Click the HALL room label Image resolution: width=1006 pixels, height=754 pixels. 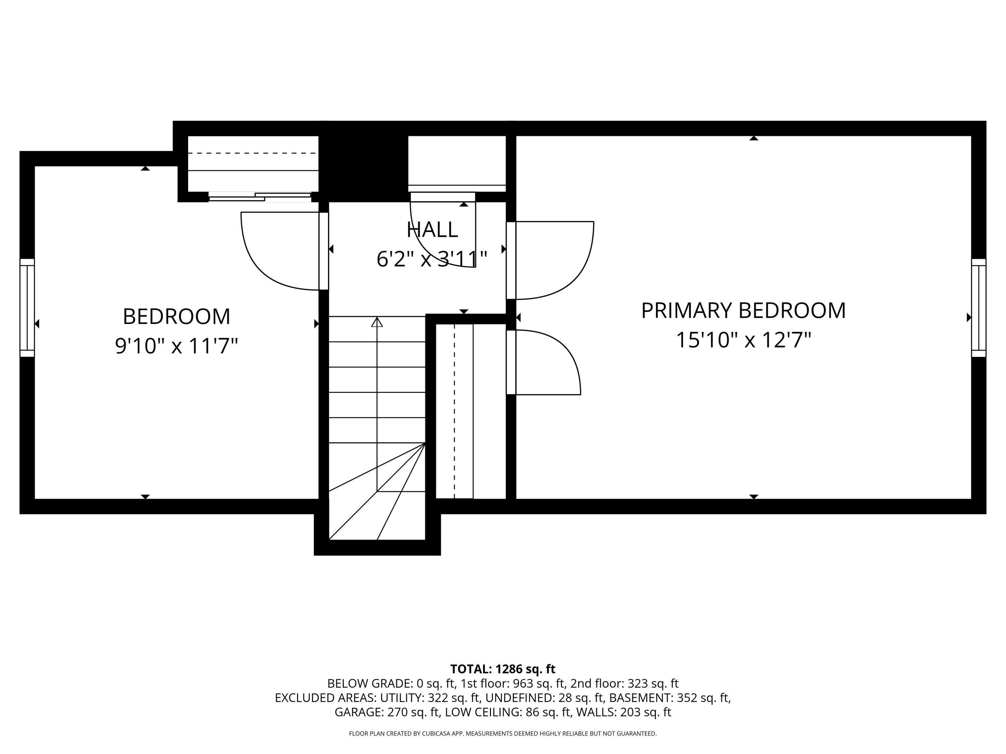click(432, 230)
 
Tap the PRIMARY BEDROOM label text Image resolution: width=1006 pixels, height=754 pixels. click(743, 311)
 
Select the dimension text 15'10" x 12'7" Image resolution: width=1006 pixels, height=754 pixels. click(743, 340)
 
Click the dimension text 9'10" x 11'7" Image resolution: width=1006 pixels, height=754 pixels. click(176, 346)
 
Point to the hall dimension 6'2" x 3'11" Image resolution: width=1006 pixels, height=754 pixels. click(432, 259)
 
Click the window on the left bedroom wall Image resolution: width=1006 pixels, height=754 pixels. click(27, 308)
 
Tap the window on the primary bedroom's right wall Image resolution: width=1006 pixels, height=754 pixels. click(978, 308)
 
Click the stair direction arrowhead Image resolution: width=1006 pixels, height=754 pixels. click(377, 322)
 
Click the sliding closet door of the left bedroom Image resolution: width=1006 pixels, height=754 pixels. click(260, 197)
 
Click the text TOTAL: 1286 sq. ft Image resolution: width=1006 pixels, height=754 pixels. click(503, 669)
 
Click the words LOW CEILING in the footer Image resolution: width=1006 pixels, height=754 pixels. click(483, 712)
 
